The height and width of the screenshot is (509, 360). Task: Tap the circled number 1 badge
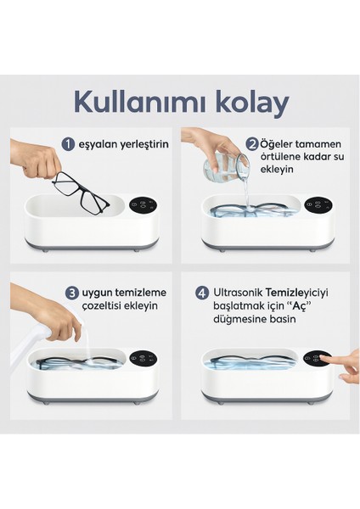coord(68,144)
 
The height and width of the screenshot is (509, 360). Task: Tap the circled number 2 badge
coord(252,144)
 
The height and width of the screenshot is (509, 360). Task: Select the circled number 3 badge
coord(72,293)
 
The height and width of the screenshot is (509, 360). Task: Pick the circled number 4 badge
coord(202,293)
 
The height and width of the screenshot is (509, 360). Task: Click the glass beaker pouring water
coord(227,168)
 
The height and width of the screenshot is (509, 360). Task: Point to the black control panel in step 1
coord(143,205)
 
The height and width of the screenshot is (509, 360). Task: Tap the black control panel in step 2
coord(318,204)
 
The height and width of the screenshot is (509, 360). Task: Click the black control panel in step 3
coord(143,358)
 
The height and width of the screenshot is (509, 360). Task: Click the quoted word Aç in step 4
coord(296,306)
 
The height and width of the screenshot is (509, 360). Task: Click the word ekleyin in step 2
coord(277,170)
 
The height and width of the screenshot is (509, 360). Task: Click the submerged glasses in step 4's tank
coord(250,361)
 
